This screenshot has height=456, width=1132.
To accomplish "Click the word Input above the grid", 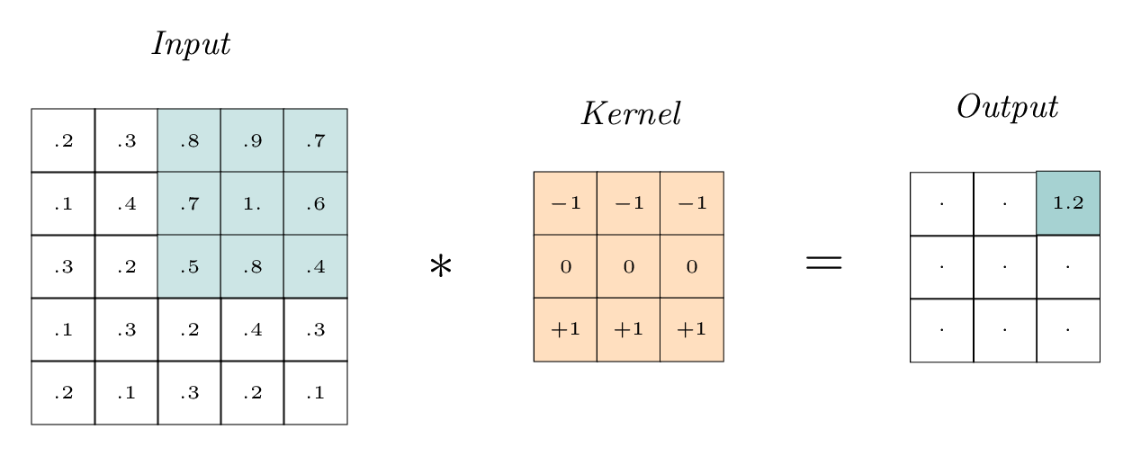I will coord(190,44).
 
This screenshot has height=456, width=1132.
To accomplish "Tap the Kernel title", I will coord(630,114).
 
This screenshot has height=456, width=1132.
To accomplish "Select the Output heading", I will coord(1006,107).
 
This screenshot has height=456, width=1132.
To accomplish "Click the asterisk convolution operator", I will coord(440,266).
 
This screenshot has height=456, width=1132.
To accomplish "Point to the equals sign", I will coord(822,262).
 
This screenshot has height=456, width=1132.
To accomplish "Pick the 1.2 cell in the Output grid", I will coord(1068,203).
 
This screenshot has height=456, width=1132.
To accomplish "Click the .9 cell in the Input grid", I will coord(252,140).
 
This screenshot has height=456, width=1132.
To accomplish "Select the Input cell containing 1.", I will coord(252,203).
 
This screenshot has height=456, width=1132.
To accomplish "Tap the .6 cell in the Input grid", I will coord(315,203).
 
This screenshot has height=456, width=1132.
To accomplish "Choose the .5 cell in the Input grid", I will coord(189,266).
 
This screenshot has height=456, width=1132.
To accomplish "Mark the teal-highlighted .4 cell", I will coord(315,266).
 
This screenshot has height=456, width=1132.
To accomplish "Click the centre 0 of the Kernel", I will coord(628,266).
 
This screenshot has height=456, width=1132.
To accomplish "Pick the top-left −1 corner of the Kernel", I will coord(565,203).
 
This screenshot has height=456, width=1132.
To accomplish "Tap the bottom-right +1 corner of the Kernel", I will coord(691,329).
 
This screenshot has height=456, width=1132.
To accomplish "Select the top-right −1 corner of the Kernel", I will coord(691,203).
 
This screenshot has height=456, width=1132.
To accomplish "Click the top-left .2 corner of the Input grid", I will coord(63,140).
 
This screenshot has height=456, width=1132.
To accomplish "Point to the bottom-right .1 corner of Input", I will coord(315,392).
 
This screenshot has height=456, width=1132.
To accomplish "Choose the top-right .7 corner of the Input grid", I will coord(315,140).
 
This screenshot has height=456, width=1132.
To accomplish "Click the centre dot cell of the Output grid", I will coord(1005,267).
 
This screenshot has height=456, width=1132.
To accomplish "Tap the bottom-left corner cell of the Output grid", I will coord(942,330).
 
